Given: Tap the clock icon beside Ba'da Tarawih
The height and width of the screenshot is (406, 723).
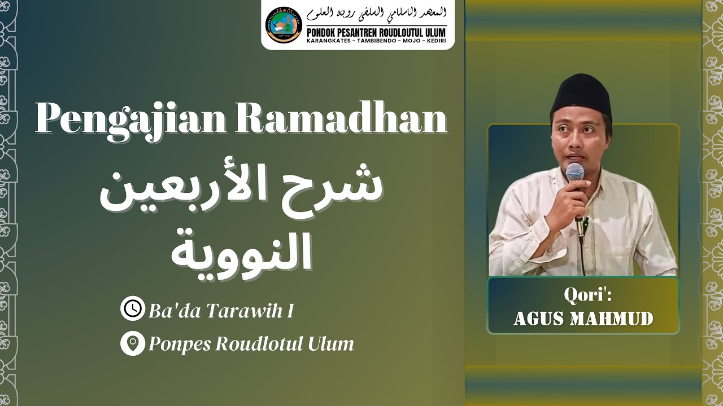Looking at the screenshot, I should click(x=133, y=310).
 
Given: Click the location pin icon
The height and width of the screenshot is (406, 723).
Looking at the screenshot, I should click(x=133, y=343).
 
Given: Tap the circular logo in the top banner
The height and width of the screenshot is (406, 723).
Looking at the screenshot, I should click(x=284, y=25).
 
